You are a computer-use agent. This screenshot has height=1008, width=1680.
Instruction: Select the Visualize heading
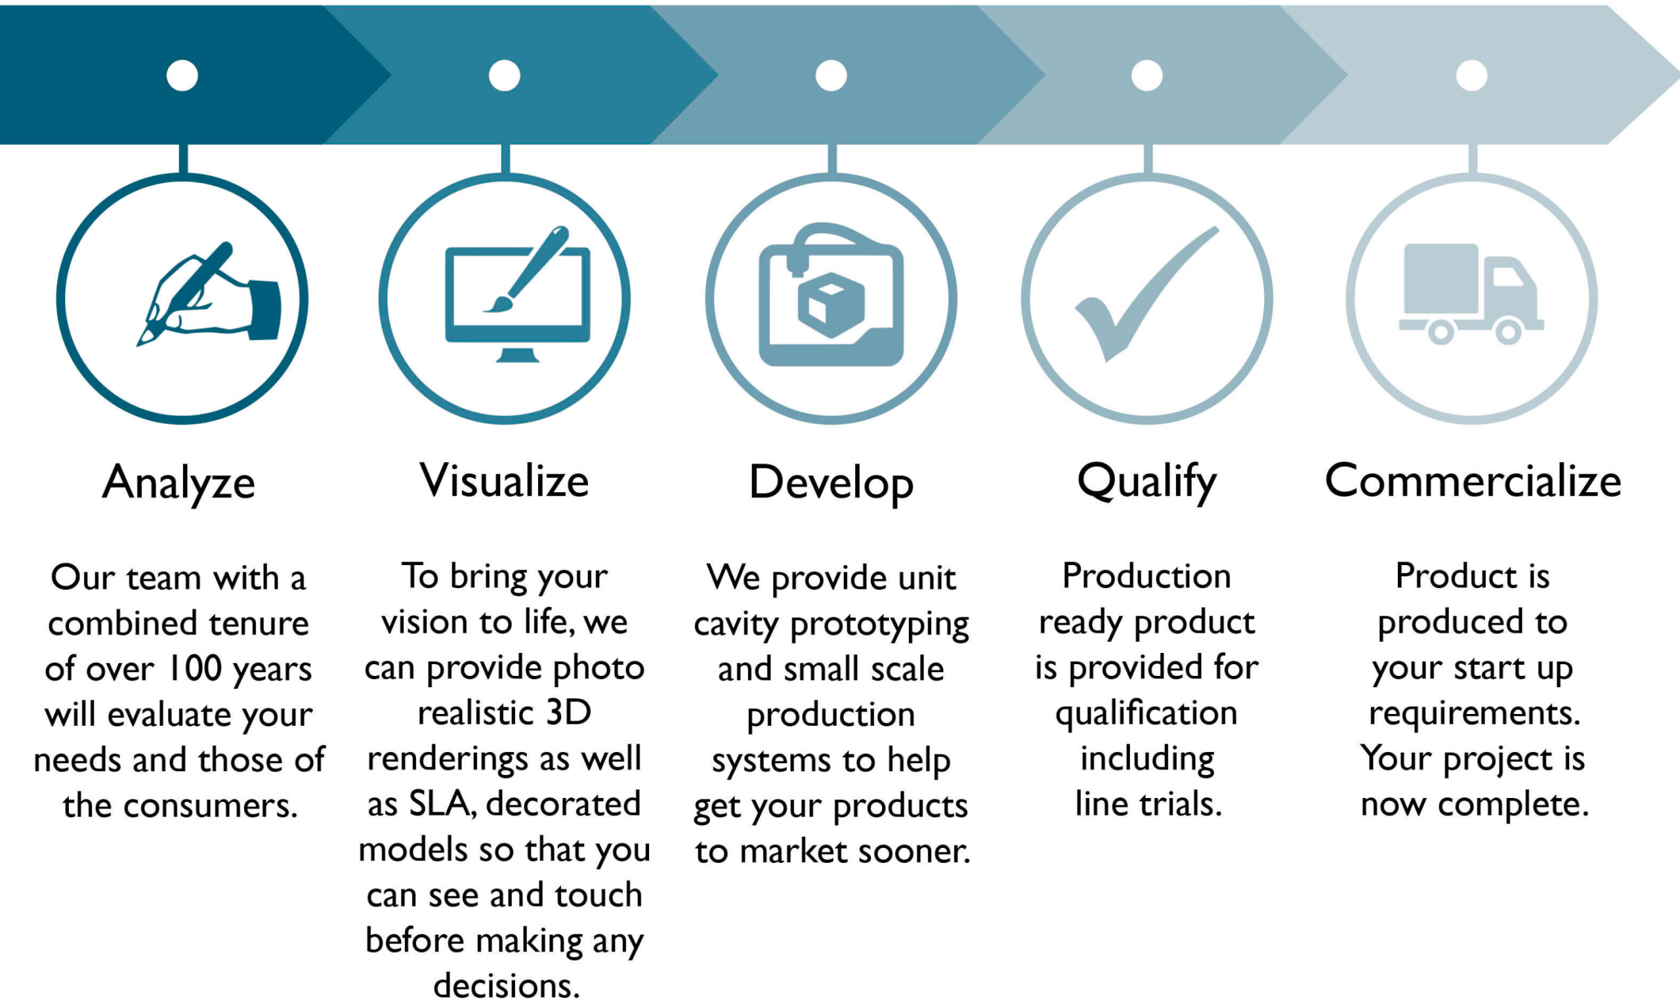(504, 481)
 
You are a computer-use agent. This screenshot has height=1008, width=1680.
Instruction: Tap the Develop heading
(831, 484)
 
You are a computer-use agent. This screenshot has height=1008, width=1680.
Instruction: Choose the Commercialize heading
(1473, 481)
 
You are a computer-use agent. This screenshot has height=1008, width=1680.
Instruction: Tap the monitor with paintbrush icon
(517, 293)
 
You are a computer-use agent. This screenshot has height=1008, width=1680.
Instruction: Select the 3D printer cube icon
(831, 294)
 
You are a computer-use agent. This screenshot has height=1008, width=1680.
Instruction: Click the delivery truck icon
(1471, 293)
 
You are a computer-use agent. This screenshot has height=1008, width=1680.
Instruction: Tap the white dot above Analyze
(182, 75)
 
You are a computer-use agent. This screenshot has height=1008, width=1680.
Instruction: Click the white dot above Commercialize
(1471, 75)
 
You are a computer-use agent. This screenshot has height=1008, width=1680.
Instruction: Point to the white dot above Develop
(831, 75)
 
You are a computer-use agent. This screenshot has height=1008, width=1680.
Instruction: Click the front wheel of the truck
(1508, 332)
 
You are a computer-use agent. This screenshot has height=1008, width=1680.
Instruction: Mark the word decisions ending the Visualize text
(507, 986)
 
